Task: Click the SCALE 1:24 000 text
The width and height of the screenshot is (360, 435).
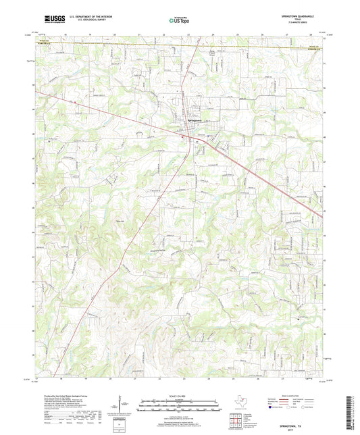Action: click(180, 396)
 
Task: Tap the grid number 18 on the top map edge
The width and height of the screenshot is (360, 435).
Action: click(66, 33)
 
